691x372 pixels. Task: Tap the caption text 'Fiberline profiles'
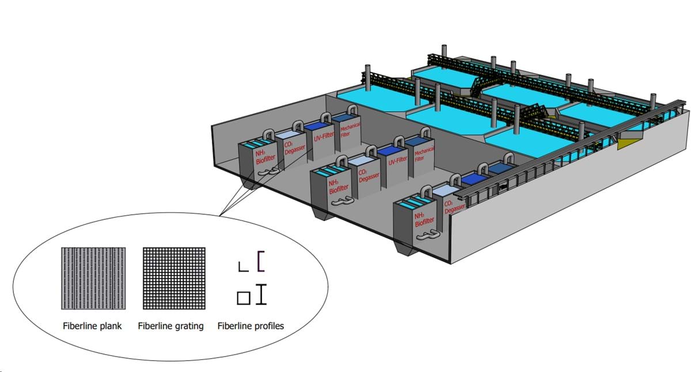click(250, 326)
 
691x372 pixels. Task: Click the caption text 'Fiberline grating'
click(171, 326)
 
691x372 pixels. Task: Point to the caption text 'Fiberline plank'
click(92, 326)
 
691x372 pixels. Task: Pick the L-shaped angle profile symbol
click(243, 266)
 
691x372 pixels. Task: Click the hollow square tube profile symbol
click(243, 298)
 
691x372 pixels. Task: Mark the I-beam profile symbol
click(262, 294)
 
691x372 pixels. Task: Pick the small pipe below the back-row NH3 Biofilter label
click(265, 172)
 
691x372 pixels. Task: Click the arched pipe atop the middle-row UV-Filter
click(398, 141)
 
